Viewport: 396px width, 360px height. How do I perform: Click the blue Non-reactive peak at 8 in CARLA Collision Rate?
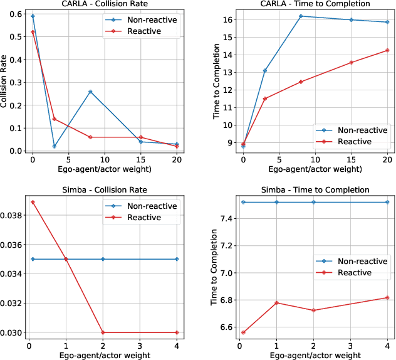point(90,92)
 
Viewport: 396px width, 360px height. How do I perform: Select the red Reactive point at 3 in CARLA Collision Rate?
point(55,119)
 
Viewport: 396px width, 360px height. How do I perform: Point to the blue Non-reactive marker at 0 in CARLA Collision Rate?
point(33,16)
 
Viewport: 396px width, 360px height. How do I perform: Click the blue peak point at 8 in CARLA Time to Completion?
point(301,16)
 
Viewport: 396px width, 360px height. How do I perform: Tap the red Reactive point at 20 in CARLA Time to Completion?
point(388,50)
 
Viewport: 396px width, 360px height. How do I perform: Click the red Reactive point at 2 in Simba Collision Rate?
point(103,332)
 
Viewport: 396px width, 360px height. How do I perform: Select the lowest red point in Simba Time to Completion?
point(243,332)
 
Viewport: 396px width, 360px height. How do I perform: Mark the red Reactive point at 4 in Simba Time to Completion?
point(388,297)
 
